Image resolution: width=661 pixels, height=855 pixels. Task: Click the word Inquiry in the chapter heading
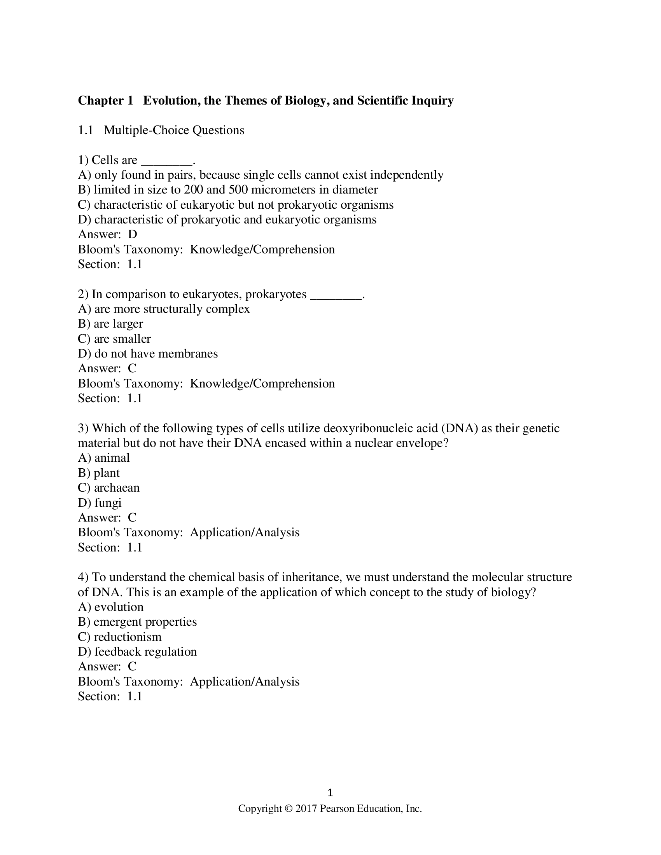[x=432, y=101]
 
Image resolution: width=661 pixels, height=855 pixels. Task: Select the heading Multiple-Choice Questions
[x=174, y=130]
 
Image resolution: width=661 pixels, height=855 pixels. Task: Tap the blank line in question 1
[x=166, y=161]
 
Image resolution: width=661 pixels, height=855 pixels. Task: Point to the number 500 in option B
[x=238, y=190]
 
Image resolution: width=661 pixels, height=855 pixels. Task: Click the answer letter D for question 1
[x=132, y=234]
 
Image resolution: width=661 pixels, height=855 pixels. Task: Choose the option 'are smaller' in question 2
[x=122, y=339]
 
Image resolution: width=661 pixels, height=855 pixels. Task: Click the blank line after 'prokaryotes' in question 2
[x=336, y=295]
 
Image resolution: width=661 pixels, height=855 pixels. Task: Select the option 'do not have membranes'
[x=156, y=354]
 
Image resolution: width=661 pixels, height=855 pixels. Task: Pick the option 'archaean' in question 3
[x=117, y=488]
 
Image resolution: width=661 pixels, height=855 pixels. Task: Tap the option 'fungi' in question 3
[x=108, y=503]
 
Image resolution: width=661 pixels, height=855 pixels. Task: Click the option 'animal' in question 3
[x=112, y=458]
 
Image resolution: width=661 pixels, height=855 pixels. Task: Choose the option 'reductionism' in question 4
[x=127, y=637]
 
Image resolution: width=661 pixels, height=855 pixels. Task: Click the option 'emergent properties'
[x=145, y=622]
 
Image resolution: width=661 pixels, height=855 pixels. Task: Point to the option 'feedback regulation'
[x=145, y=652]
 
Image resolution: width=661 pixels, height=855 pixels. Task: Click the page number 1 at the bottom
[x=330, y=793]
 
